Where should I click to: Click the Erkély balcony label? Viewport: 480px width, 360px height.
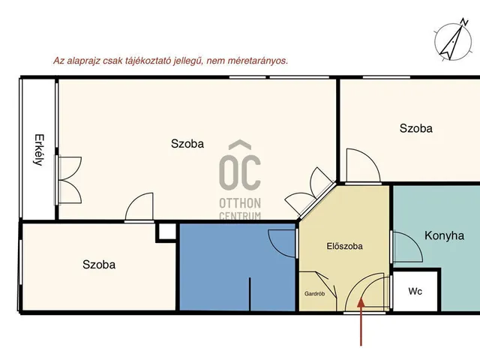39,150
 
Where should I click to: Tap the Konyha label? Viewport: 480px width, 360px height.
444,235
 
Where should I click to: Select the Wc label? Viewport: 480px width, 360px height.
415,291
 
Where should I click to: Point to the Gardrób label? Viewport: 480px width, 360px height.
314,294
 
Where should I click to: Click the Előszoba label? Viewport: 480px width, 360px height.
344,246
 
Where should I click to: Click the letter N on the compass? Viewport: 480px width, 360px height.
464,22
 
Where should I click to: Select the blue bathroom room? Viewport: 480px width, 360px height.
237,267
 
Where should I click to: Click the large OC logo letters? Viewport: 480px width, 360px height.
240,172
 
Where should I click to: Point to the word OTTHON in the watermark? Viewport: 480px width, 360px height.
240,203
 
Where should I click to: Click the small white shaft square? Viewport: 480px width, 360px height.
167,232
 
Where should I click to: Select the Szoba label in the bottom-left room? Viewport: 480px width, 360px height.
99,265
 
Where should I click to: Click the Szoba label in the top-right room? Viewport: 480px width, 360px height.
415,128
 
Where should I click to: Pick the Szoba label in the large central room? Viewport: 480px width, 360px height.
187,143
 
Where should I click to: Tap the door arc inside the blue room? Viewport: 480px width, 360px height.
275,246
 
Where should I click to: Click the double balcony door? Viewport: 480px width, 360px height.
69,180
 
